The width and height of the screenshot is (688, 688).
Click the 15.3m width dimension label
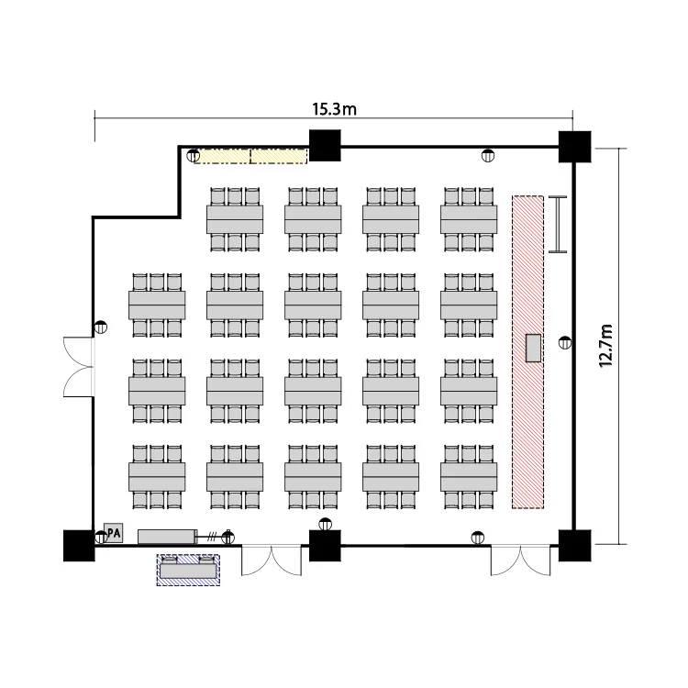pyautogui.click(x=334, y=109)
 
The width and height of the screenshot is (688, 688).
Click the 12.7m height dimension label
pyautogui.click(x=605, y=344)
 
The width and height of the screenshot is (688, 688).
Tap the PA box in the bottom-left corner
pyautogui.click(x=114, y=533)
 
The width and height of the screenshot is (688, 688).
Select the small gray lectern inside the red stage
pyautogui.click(x=533, y=348)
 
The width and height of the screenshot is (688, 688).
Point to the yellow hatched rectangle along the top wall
pyautogui.click(x=250, y=156)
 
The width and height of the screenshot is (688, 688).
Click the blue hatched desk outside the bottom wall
pyautogui.click(x=189, y=570)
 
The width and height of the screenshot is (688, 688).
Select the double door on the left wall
pyautogui.click(x=78, y=365)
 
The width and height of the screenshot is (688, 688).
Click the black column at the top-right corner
pyautogui.click(x=574, y=146)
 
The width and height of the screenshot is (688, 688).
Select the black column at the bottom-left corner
pyautogui.click(x=79, y=545)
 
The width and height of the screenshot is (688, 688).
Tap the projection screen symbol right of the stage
pyautogui.click(x=557, y=224)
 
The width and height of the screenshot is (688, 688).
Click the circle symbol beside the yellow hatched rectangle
pyautogui.click(x=194, y=156)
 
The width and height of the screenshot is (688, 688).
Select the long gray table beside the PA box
pyautogui.click(x=167, y=536)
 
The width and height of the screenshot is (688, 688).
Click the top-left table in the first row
pyautogui.click(x=235, y=218)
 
